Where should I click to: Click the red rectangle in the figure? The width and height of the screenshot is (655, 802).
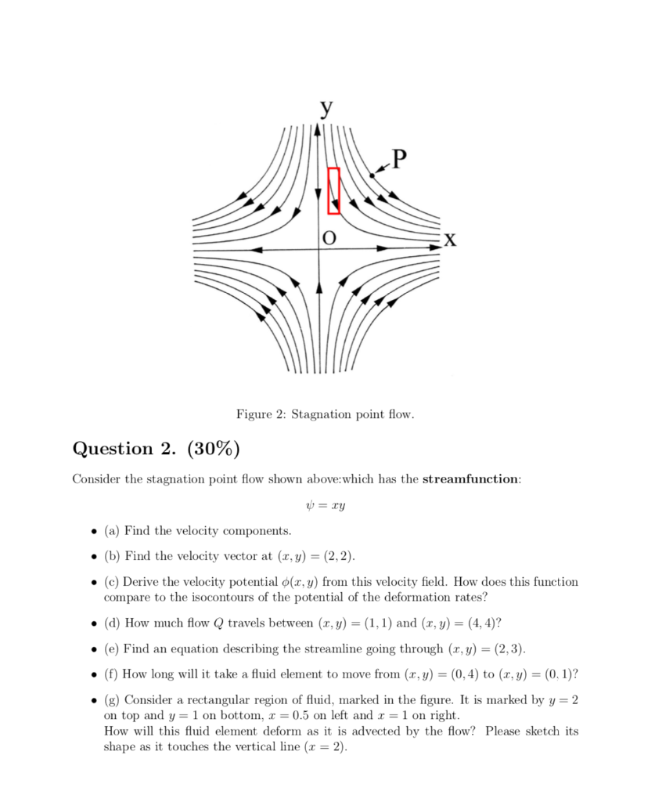(334, 190)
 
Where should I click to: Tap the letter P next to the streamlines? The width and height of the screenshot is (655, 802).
(399, 160)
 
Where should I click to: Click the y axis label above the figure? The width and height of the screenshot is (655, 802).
(324, 109)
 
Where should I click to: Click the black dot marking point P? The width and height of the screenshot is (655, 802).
(372, 175)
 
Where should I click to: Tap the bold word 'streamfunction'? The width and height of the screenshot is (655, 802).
(470, 479)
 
